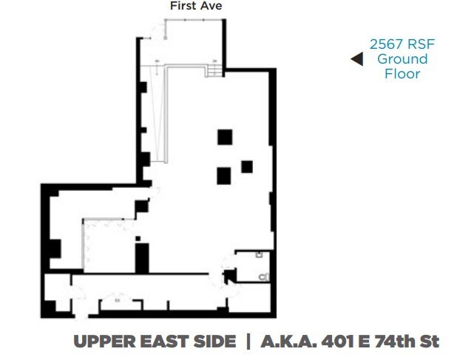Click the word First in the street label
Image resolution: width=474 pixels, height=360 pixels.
coord(183,6)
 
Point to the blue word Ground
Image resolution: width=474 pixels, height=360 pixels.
coord(402,59)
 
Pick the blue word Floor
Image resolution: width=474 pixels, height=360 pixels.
coord(402,73)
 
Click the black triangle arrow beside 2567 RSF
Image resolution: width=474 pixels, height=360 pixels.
coord(356,59)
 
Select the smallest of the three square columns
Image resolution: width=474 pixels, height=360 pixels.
coord(247,166)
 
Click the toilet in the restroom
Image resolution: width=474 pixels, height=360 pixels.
coord(265,276)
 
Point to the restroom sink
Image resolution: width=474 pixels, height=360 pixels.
coord(259,254)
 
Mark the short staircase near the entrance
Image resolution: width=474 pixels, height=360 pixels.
coord(214,70)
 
